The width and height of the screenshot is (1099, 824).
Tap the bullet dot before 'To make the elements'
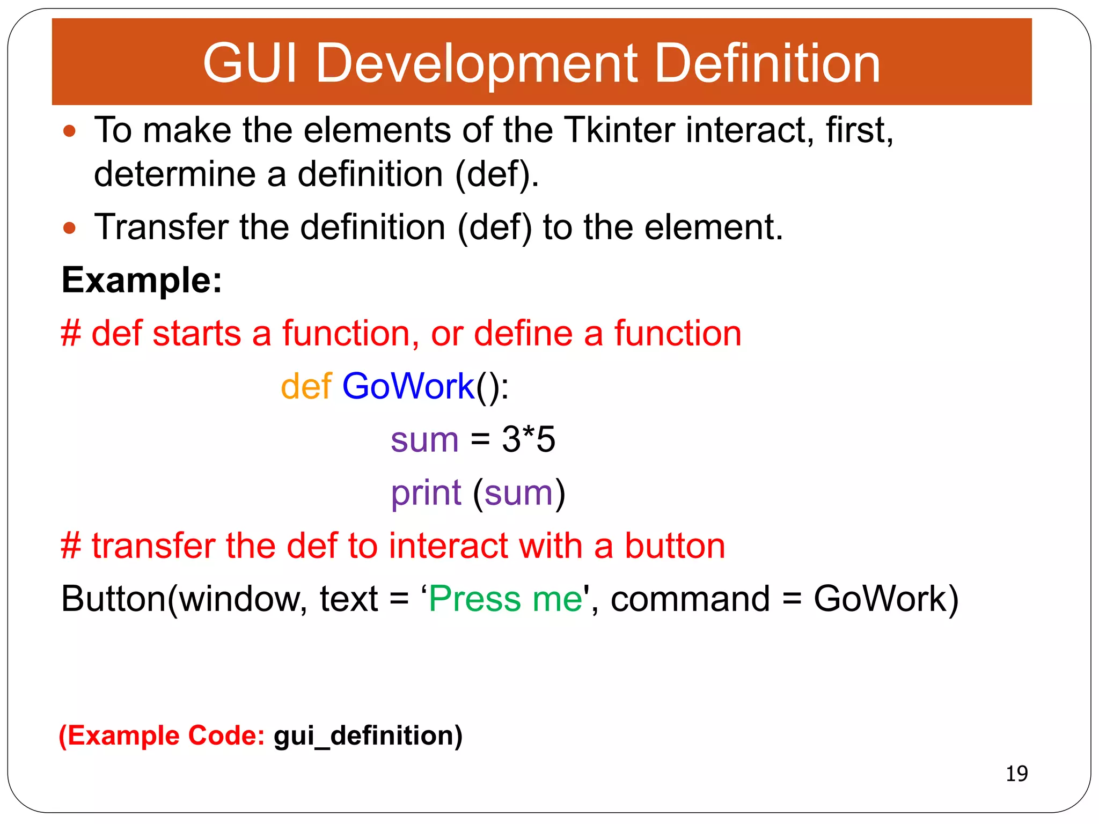click(69, 131)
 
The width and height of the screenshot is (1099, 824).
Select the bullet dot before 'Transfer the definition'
click(69, 229)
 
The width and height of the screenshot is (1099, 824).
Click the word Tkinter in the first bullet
click(620, 130)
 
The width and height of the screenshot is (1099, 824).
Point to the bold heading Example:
click(142, 280)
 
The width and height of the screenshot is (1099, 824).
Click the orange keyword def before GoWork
click(306, 386)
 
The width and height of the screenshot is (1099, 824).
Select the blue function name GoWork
click(408, 386)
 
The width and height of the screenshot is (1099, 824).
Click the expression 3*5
click(528, 440)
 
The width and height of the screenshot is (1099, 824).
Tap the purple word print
click(426, 493)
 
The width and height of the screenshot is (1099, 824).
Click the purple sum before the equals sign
click(424, 440)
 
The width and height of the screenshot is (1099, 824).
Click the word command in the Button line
click(690, 599)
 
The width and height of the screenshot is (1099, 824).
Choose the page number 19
click(1016, 774)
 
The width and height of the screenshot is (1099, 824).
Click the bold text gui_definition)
click(368, 735)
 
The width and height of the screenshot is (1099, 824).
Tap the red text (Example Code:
click(162, 735)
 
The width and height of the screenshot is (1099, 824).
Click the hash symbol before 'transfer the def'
click(71, 546)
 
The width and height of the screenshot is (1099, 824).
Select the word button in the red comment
click(675, 546)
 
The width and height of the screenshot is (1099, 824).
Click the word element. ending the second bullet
click(713, 227)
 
